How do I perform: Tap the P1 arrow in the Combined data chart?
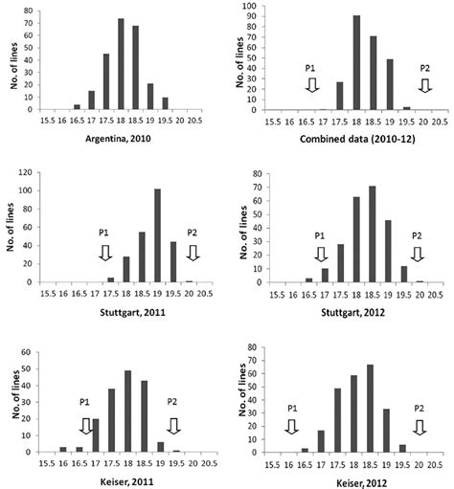point(311,85)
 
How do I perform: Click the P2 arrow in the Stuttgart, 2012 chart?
point(416,254)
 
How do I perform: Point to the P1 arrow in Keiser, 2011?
point(85,425)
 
